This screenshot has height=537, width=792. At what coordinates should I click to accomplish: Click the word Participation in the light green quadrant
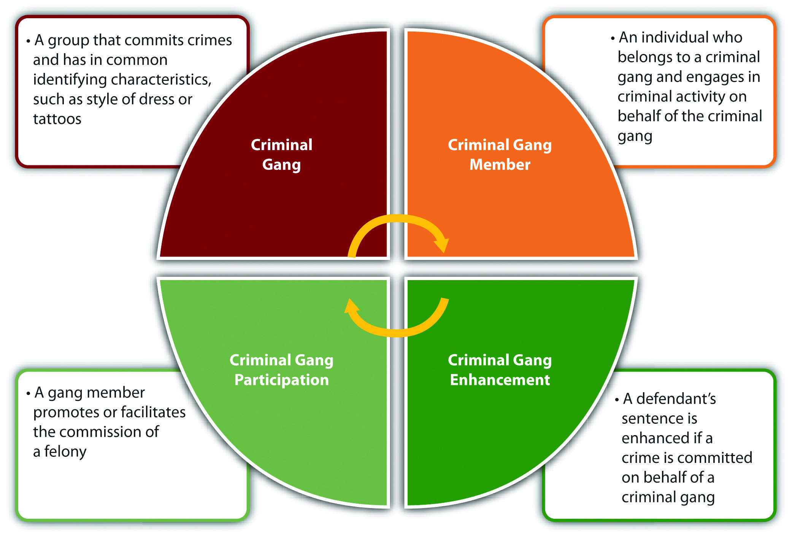(x=281, y=380)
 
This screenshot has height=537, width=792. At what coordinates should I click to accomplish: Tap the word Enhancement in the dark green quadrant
(x=500, y=380)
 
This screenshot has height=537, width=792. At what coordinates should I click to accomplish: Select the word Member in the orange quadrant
(x=500, y=165)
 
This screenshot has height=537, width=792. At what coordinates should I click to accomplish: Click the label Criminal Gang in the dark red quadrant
(x=281, y=155)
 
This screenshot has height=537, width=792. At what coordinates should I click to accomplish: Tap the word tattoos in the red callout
(x=57, y=119)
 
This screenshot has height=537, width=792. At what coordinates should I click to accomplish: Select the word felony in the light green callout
(x=65, y=451)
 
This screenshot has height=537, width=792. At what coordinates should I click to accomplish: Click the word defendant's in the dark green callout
(x=676, y=399)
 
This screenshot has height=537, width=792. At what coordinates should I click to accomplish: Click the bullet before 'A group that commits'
(x=28, y=41)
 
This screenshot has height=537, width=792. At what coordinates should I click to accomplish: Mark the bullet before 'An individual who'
(x=613, y=38)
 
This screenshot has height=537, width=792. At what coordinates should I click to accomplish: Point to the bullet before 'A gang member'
(x=28, y=393)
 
